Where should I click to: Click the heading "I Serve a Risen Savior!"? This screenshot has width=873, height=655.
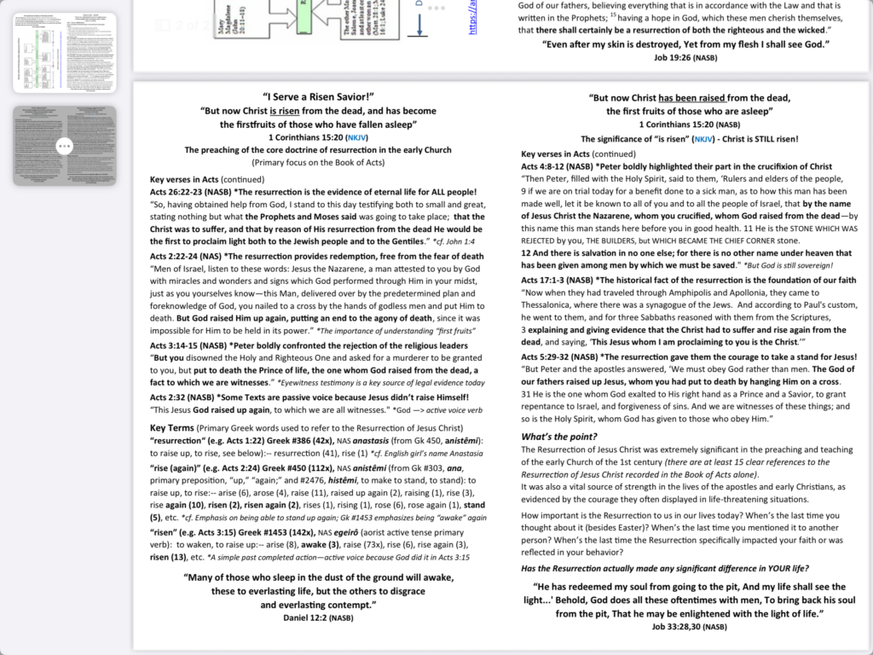click(x=318, y=97)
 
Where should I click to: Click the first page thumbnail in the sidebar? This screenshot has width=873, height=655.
click(x=64, y=53)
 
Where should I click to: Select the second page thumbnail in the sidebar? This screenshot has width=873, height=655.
click(x=64, y=146)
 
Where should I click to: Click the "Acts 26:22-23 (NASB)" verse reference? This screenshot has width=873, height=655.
click(x=190, y=193)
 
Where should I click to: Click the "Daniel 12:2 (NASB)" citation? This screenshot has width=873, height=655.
click(x=317, y=617)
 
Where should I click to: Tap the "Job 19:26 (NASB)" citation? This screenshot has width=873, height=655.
click(x=685, y=56)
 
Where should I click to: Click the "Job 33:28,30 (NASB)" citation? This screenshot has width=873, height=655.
click(x=689, y=626)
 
